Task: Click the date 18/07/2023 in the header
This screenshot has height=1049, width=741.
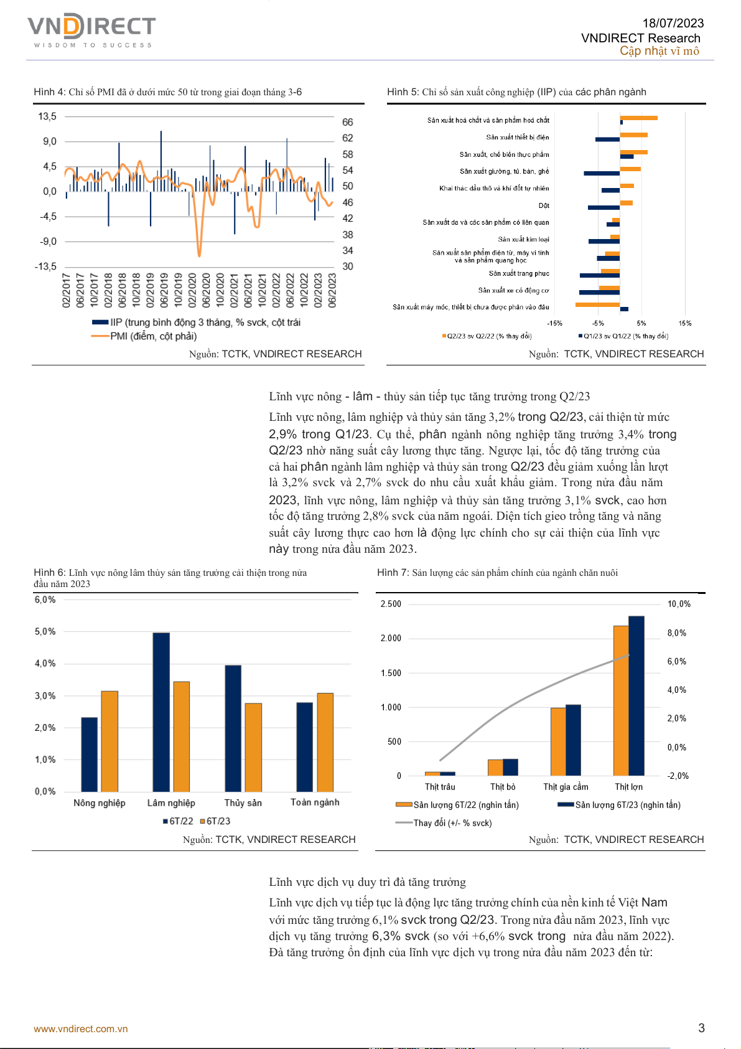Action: [x=673, y=23]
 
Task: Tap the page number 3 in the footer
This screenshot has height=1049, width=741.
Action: [x=701, y=1028]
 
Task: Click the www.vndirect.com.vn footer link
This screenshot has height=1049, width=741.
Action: [x=81, y=1028]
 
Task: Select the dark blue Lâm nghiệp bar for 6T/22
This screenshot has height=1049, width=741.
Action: [x=161, y=712]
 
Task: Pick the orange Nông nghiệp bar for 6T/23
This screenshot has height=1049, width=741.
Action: [x=110, y=741]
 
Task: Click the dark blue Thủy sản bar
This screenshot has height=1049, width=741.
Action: [x=233, y=728]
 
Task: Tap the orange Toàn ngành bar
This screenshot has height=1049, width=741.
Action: [x=325, y=741]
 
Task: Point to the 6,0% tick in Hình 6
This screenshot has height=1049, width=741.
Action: [x=45, y=600]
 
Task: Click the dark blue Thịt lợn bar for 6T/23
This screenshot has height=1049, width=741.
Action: [x=636, y=695]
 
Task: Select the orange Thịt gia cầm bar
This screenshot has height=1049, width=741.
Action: [x=558, y=741]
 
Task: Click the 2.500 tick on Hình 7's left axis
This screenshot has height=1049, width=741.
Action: [x=391, y=604]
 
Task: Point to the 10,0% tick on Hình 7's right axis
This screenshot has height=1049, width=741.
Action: [x=679, y=604]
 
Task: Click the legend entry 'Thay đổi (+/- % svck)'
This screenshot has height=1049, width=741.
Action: [x=452, y=823]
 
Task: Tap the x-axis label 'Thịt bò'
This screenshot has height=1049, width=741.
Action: [x=503, y=787]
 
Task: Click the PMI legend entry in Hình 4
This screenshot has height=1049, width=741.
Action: [x=153, y=336]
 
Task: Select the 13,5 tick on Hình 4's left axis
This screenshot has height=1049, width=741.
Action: [x=47, y=116]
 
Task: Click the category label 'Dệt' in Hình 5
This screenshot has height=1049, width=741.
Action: [x=544, y=205]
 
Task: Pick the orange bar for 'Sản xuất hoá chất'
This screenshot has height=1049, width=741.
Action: [x=639, y=118]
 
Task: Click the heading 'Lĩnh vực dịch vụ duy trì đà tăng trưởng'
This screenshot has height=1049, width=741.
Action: [x=367, y=882]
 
